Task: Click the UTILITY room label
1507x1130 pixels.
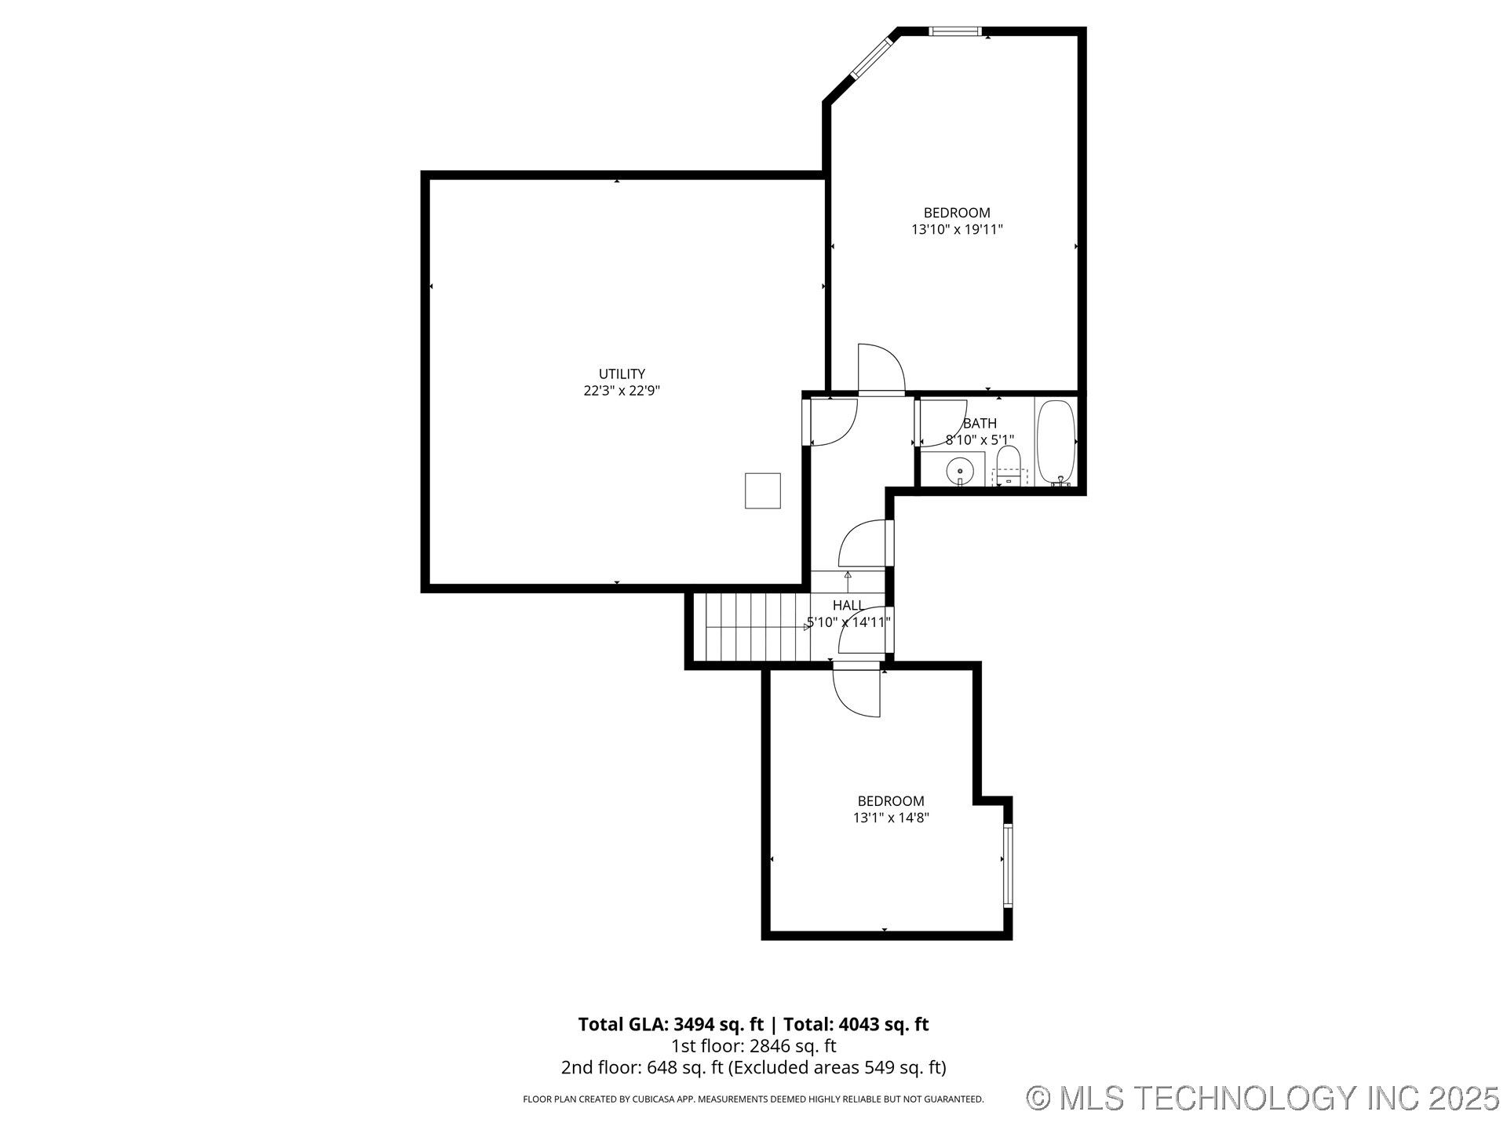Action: point(622,374)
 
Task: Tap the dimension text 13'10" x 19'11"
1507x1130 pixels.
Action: point(957,230)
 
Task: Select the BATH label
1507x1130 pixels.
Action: point(980,424)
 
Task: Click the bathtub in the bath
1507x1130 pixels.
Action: point(1056,443)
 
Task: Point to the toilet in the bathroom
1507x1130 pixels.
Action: point(1008,464)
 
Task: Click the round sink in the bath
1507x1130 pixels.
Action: point(959,471)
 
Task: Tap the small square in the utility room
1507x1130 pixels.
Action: point(762,490)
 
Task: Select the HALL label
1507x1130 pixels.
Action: point(848,605)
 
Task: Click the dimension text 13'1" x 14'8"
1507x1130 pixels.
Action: point(891,818)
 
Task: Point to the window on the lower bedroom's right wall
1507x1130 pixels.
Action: point(1008,866)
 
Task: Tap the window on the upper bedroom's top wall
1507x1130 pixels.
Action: point(954,31)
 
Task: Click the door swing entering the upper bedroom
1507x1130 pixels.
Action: point(880,369)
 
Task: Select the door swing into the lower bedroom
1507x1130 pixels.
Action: point(857,691)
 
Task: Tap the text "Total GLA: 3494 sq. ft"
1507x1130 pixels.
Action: point(670,1024)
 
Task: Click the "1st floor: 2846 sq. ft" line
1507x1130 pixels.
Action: point(753,1046)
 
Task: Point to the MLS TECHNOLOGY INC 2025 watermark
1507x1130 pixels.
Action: point(1263,1097)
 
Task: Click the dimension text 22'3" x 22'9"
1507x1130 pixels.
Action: point(622,391)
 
